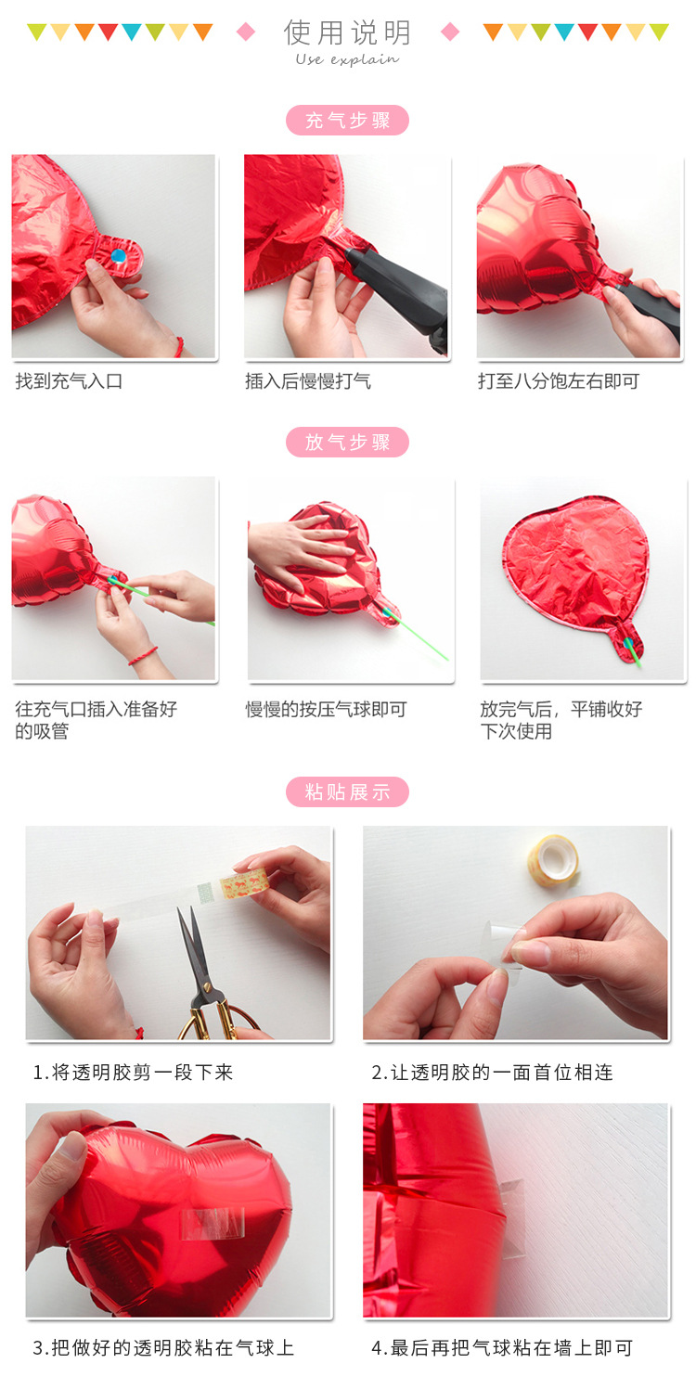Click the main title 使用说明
(x=347, y=32)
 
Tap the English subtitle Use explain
(x=347, y=59)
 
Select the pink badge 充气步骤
(x=347, y=121)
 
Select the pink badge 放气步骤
(x=347, y=443)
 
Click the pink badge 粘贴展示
(x=347, y=792)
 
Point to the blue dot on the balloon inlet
(x=118, y=254)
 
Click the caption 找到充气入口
(x=69, y=381)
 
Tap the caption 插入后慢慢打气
(x=307, y=381)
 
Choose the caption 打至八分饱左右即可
(x=558, y=381)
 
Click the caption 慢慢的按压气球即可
(x=326, y=710)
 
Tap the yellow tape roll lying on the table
(x=552, y=859)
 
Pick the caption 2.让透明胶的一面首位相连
(x=492, y=1073)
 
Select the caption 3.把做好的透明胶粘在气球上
(x=163, y=1348)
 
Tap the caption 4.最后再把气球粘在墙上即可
(x=501, y=1348)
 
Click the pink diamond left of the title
(x=246, y=32)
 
